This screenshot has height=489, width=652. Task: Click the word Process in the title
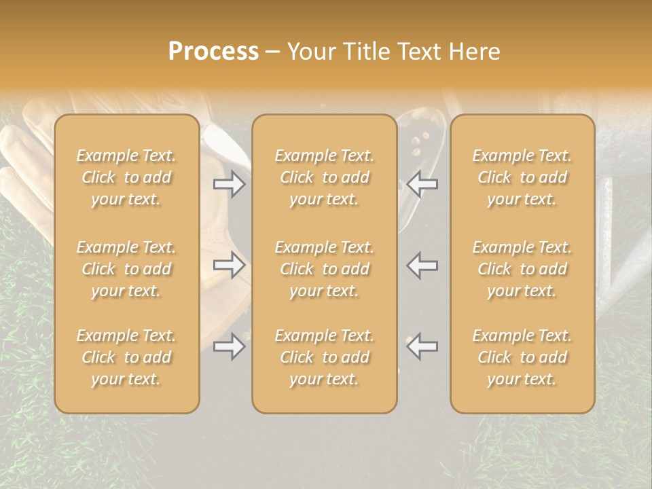tap(213, 52)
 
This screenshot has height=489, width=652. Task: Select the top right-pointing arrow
tap(230, 183)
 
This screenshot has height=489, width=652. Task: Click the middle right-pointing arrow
tap(230, 265)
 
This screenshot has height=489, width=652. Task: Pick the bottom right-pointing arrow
tap(230, 346)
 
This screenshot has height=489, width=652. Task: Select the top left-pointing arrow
tap(422, 183)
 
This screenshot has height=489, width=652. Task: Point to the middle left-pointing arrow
tap(422, 265)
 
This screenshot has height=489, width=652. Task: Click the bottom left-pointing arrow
tap(422, 346)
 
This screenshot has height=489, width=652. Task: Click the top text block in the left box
tap(126, 177)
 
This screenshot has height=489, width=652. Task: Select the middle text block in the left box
tap(126, 269)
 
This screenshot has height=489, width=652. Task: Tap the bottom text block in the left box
tap(126, 357)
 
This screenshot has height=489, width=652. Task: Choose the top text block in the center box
tap(324, 177)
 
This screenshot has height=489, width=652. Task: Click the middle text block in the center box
tap(324, 269)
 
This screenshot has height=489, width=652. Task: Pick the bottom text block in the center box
tap(324, 357)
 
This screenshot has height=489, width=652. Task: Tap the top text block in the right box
tap(522, 177)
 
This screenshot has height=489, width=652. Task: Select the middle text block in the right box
tap(522, 269)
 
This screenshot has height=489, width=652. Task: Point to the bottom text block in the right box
tap(522, 357)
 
